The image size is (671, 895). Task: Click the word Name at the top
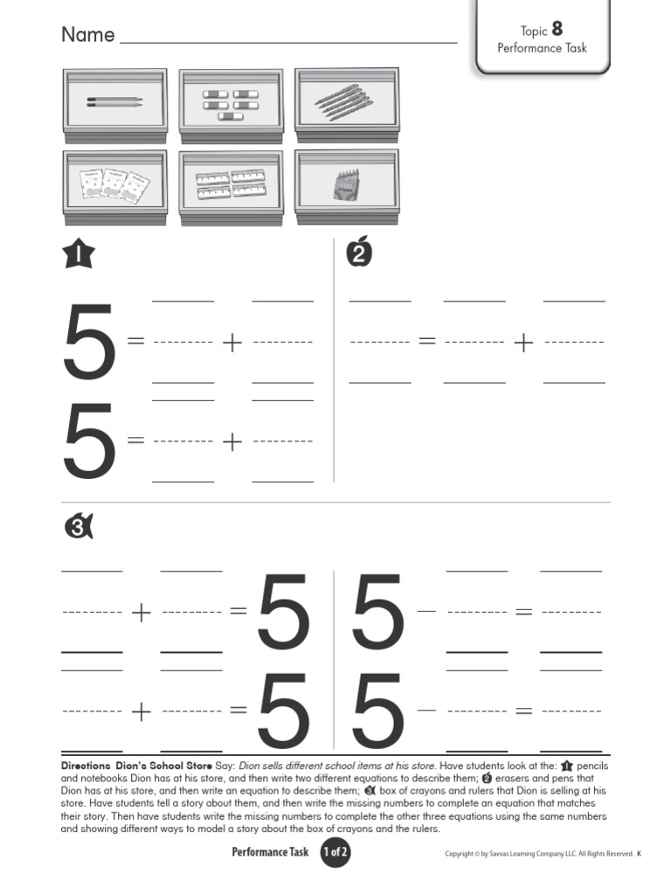click(x=88, y=34)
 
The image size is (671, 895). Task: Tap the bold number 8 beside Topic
click(x=557, y=29)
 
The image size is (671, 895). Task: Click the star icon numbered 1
click(x=78, y=254)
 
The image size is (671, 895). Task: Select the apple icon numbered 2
click(x=359, y=252)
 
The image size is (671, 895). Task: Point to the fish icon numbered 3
click(x=79, y=526)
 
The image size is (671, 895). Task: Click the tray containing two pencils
click(x=115, y=106)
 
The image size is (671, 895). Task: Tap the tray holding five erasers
click(x=231, y=106)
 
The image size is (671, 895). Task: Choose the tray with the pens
click(x=347, y=105)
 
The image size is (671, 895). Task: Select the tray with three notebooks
click(x=115, y=188)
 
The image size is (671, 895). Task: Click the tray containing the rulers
click(x=231, y=188)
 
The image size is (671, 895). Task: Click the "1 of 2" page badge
click(x=335, y=852)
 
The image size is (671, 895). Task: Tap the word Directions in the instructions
click(x=86, y=766)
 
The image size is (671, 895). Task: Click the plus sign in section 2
click(x=523, y=343)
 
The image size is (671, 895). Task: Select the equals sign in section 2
click(x=426, y=341)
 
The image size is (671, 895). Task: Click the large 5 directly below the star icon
click(x=89, y=342)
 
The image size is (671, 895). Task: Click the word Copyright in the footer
click(x=460, y=854)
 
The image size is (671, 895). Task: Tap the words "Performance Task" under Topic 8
click(x=542, y=48)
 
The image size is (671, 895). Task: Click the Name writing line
click(x=288, y=42)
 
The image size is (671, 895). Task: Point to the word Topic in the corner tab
click(x=534, y=31)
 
